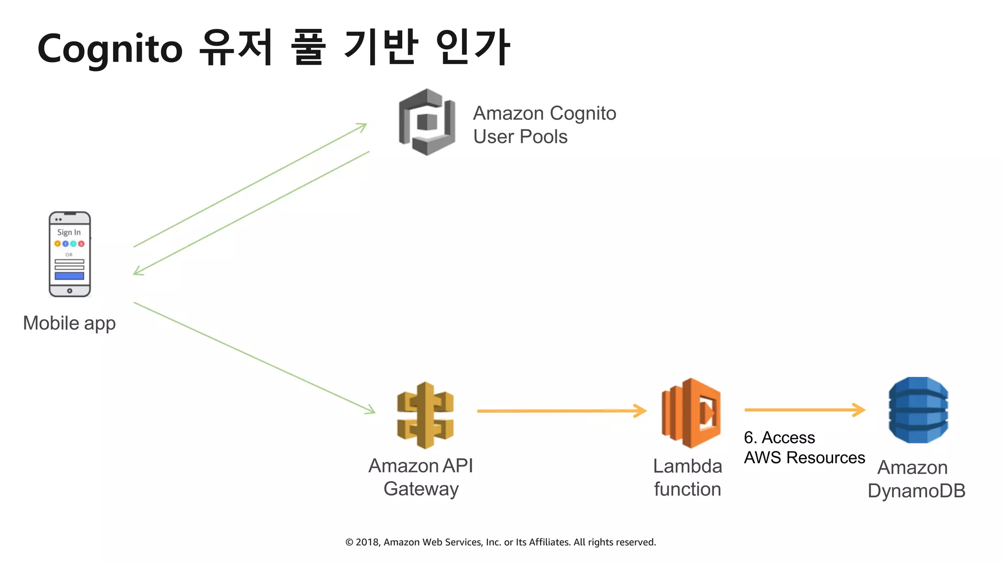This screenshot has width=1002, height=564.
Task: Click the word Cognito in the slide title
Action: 110,49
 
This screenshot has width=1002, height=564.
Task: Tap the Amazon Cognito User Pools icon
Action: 427,122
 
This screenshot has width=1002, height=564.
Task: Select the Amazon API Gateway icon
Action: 425,415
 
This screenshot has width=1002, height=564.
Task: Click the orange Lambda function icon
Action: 691,413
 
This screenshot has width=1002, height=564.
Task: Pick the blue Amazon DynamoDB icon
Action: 918,410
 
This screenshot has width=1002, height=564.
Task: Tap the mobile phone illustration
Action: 69,254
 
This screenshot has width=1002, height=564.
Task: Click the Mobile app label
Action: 69,323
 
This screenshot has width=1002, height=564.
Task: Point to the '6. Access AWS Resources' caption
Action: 804,447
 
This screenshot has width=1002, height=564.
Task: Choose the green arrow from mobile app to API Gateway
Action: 254,358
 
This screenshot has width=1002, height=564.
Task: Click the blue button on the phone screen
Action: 69,276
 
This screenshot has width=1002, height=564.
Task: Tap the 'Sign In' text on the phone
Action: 69,232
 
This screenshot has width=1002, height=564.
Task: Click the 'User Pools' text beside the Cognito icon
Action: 520,137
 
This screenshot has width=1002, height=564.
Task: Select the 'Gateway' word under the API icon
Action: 421,489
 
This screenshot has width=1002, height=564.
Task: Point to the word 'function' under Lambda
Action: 687,489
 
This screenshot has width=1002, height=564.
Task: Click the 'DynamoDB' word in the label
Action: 916,491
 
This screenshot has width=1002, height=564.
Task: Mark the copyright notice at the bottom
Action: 501,542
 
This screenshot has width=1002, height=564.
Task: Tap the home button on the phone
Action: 69,291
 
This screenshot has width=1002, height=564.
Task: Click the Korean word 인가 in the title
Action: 473,47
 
